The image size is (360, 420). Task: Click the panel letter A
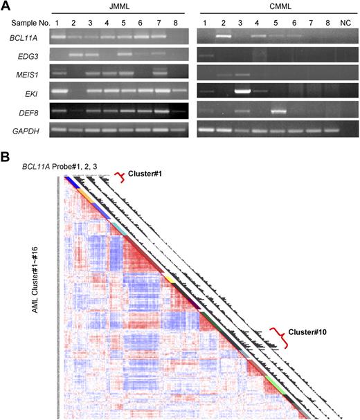point(6,6)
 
